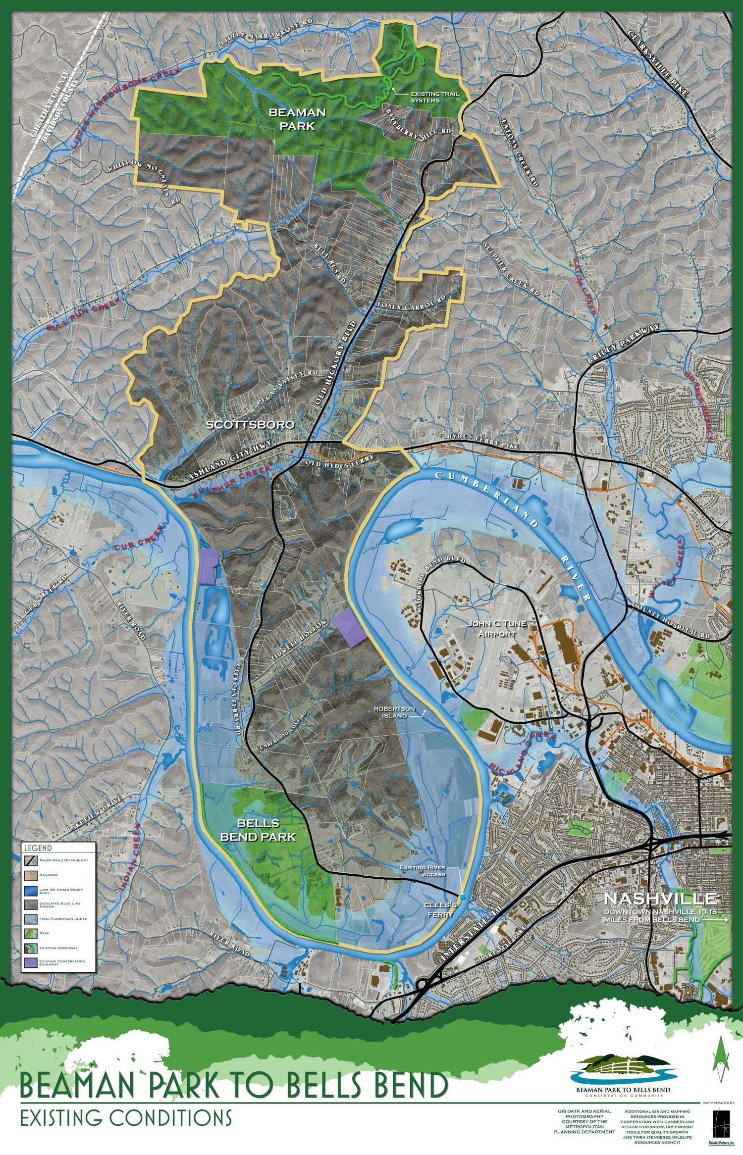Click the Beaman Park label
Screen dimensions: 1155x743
pyautogui.click(x=297, y=119)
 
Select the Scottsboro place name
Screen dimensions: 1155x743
pyautogui.click(x=250, y=424)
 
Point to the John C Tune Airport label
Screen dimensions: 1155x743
pyautogui.click(x=497, y=628)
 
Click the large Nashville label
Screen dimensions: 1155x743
pyautogui.click(x=659, y=898)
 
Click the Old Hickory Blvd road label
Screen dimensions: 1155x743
pyautogui.click(x=335, y=363)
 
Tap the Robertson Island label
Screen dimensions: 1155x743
pyautogui.click(x=394, y=712)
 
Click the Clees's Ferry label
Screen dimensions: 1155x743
pyautogui.click(x=440, y=909)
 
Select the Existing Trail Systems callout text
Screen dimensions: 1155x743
pyautogui.click(x=434, y=97)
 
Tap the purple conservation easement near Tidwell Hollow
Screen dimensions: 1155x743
pyautogui.click(x=350, y=628)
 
